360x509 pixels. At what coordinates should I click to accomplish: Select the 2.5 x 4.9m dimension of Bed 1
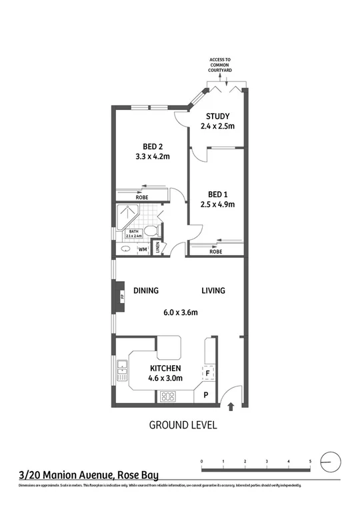[217, 205]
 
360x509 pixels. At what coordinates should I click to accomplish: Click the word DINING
[145, 290]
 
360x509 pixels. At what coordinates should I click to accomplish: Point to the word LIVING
[214, 290]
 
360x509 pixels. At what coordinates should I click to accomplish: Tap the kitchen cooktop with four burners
[167, 397]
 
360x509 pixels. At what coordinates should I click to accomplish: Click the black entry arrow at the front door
[231, 406]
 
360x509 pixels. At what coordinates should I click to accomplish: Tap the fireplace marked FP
[121, 296]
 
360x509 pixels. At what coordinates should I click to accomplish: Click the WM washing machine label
[141, 249]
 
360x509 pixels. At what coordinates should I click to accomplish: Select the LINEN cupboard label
[157, 247]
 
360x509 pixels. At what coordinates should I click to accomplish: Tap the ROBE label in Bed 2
[142, 198]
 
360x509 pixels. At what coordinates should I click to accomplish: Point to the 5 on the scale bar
[310, 461]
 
